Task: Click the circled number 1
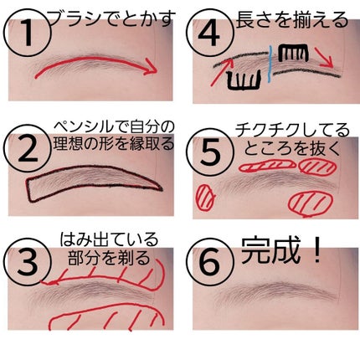tap(28, 34)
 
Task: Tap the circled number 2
tap(28, 148)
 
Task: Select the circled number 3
tap(28, 262)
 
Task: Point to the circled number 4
tap(210, 33)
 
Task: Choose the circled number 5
tap(210, 153)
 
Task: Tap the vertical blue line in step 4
tap(270, 64)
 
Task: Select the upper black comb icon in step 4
tap(294, 53)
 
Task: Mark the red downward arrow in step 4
tap(323, 57)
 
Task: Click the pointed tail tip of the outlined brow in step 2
tap(162, 190)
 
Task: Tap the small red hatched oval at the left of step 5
tap(206, 197)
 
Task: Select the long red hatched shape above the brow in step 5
tap(267, 165)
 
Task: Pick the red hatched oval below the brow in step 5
tap(311, 203)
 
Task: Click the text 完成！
tap(281, 250)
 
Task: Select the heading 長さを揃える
tap(292, 19)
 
